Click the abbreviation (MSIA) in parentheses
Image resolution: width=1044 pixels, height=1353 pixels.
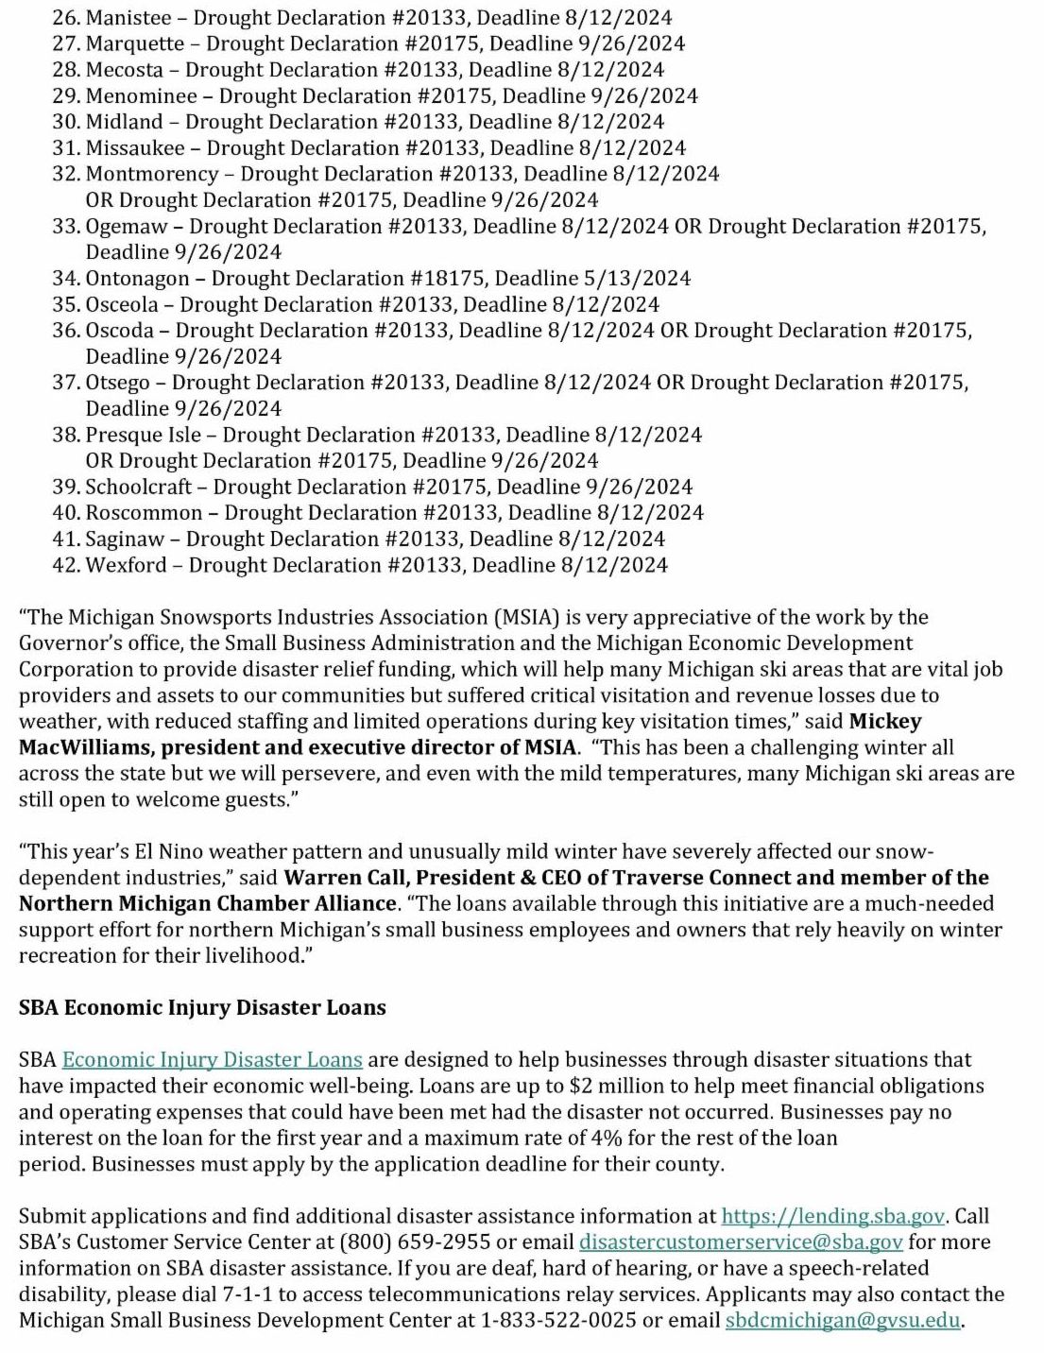(x=526, y=618)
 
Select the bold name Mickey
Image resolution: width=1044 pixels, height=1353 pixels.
(x=885, y=722)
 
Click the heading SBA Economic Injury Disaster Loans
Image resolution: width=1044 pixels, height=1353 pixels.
(x=202, y=1008)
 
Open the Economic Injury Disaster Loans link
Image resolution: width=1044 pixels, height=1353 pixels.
(x=213, y=1060)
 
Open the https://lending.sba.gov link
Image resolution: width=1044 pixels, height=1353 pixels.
(x=832, y=1217)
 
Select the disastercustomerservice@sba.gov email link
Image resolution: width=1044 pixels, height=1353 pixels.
(x=741, y=1242)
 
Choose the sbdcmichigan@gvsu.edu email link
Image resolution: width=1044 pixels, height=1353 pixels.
(x=843, y=1321)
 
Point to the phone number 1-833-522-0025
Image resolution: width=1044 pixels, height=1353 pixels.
(x=558, y=1321)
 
